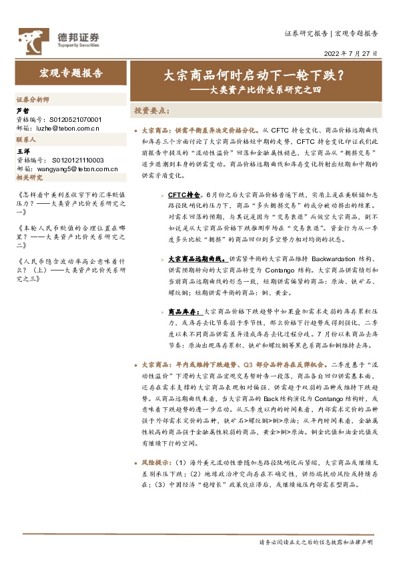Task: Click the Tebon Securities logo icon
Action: (30, 39)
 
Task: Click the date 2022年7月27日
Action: (354, 53)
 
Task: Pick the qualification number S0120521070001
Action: (75, 119)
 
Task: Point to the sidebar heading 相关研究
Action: (29, 178)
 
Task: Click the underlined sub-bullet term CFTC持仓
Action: (184, 194)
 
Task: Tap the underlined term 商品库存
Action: (181, 311)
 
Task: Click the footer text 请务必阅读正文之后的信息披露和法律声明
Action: (316, 543)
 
